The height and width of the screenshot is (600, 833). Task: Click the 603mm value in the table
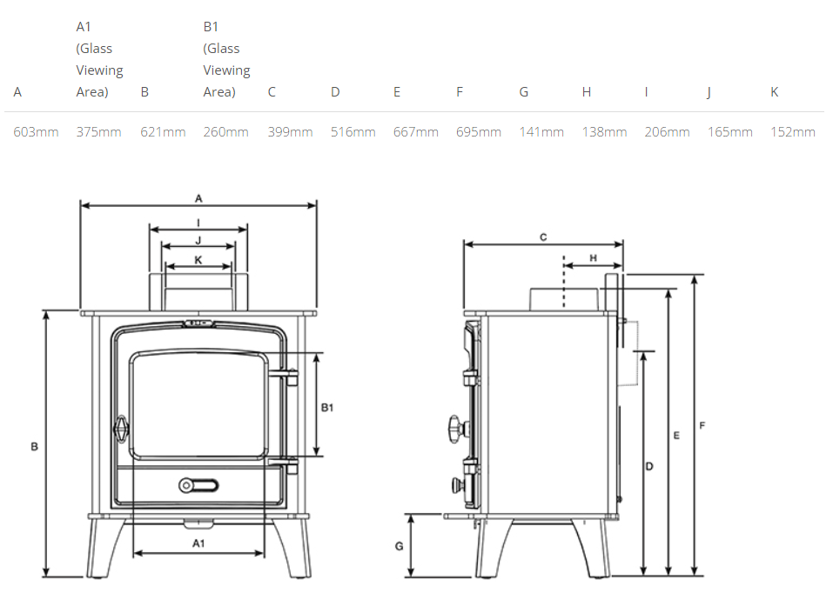pyautogui.click(x=36, y=131)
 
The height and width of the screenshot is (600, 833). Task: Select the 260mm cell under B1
pyautogui.click(x=225, y=131)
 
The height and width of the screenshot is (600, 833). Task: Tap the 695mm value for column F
pyautogui.click(x=479, y=131)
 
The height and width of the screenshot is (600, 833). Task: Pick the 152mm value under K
pyautogui.click(x=793, y=131)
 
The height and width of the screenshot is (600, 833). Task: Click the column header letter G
pyautogui.click(x=524, y=92)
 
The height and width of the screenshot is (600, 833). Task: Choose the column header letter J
pyautogui.click(x=709, y=92)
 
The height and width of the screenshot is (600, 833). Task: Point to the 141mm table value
pyautogui.click(x=541, y=131)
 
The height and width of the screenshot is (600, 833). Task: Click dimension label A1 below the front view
pyautogui.click(x=198, y=543)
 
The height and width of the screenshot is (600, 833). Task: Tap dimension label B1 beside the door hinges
pyautogui.click(x=327, y=408)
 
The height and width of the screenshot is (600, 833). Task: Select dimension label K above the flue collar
pyautogui.click(x=198, y=260)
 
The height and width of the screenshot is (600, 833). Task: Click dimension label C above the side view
pyautogui.click(x=543, y=237)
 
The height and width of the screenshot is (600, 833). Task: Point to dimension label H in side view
pyautogui.click(x=593, y=258)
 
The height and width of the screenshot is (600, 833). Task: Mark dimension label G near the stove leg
pyautogui.click(x=399, y=546)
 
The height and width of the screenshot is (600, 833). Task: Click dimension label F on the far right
pyautogui.click(x=702, y=425)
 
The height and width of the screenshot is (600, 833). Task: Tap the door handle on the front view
pyautogui.click(x=122, y=428)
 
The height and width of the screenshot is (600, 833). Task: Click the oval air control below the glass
pyautogui.click(x=198, y=485)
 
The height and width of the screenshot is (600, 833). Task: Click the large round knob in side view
pyautogui.click(x=457, y=429)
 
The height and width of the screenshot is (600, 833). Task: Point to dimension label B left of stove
pyautogui.click(x=34, y=447)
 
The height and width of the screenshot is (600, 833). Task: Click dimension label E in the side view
pyautogui.click(x=676, y=436)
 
